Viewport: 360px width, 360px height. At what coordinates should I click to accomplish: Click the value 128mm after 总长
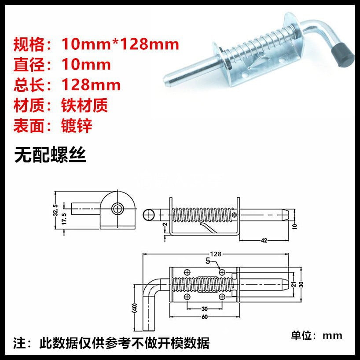(91, 84)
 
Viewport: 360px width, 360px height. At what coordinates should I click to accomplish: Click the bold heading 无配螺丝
(50, 154)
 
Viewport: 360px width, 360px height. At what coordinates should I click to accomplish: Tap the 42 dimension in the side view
(264, 240)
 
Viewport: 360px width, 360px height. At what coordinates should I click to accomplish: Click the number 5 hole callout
(208, 261)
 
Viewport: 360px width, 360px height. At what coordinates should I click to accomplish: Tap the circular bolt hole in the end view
(117, 208)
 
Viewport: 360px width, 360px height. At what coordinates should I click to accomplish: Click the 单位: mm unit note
(316, 335)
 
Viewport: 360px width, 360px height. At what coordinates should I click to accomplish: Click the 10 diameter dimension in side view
(294, 227)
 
